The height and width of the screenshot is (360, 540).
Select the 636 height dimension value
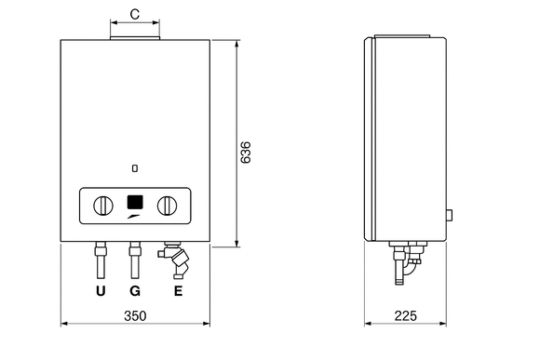tap(246, 153)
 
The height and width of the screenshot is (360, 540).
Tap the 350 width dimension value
tap(135, 316)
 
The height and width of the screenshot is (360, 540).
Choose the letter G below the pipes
tap(135, 291)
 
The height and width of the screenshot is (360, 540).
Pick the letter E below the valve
tap(177, 291)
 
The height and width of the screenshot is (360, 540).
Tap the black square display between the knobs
tap(135, 202)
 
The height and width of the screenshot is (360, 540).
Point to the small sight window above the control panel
tap(136, 168)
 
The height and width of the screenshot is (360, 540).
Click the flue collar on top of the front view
tap(135, 35)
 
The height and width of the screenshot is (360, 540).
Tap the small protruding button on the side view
tap(450, 216)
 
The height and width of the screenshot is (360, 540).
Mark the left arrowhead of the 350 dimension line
tap(64, 326)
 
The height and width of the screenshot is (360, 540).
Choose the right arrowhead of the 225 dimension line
tap(443, 326)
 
